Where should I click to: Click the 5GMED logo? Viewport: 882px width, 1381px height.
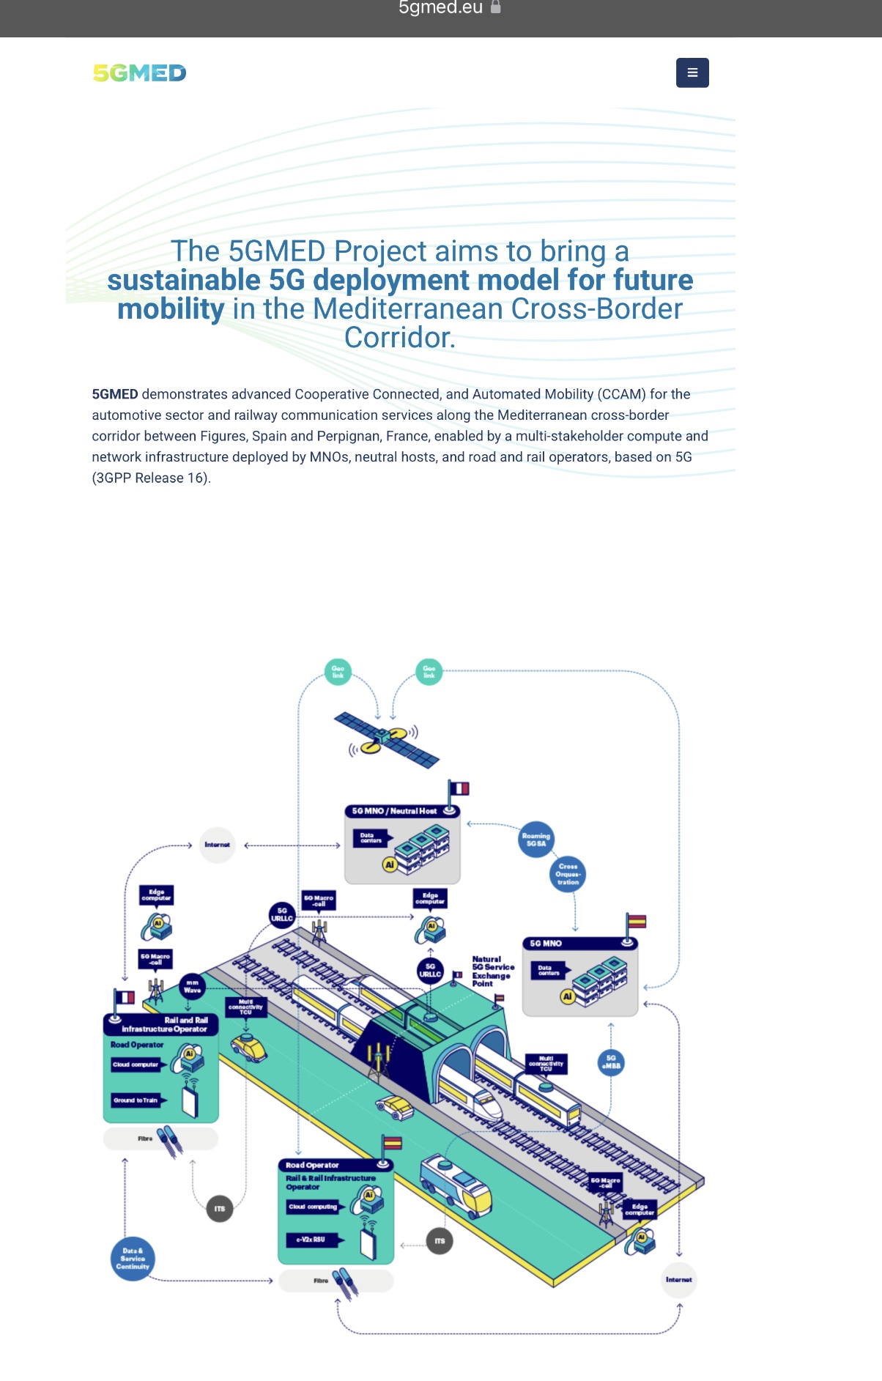pyautogui.click(x=139, y=73)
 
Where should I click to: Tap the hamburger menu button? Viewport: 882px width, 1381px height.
pyautogui.click(x=692, y=73)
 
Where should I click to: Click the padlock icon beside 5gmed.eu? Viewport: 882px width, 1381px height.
pyautogui.click(x=496, y=7)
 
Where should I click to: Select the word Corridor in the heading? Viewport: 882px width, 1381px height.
pyautogui.click(x=399, y=338)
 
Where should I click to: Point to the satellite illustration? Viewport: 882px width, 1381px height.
pyautogui.click(x=386, y=738)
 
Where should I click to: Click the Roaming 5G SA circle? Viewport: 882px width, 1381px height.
pyautogui.click(x=535, y=840)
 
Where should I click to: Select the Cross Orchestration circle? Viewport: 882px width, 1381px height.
pyautogui.click(x=568, y=874)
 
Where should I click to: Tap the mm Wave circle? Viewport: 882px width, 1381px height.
pyautogui.click(x=192, y=986)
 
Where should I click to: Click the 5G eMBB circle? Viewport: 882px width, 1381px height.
pyautogui.click(x=611, y=1062)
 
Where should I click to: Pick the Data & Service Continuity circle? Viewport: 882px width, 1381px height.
pyautogui.click(x=133, y=1259)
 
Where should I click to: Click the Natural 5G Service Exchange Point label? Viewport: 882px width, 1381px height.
pyautogui.click(x=492, y=971)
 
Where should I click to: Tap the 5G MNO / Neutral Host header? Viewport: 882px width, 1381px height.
pyautogui.click(x=396, y=811)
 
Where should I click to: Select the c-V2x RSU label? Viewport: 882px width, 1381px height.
pyautogui.click(x=311, y=1240)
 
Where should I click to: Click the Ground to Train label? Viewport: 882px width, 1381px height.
pyautogui.click(x=136, y=1100)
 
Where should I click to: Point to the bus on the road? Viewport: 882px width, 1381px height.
pyautogui.click(x=456, y=1181)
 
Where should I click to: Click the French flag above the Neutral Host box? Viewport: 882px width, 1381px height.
pyautogui.click(x=459, y=788)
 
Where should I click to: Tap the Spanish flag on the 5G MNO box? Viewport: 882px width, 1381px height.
pyautogui.click(x=636, y=922)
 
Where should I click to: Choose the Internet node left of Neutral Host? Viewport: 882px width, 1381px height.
pyautogui.click(x=217, y=845)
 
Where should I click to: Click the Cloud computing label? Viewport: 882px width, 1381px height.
pyautogui.click(x=313, y=1207)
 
